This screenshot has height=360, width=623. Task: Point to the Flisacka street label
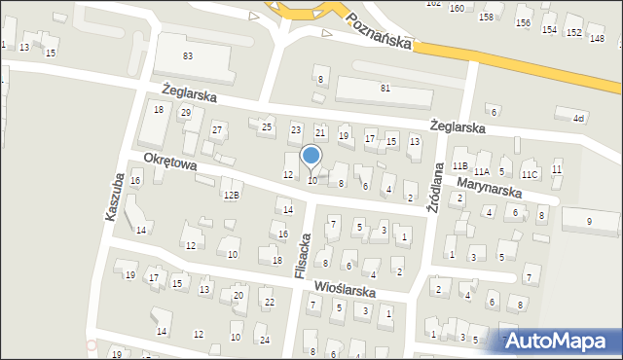click(x=303, y=258)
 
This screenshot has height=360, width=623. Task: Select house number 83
click(x=188, y=56)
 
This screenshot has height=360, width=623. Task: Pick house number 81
click(x=385, y=89)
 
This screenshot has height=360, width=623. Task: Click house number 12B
click(x=231, y=195)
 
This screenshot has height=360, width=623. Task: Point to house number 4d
click(x=579, y=118)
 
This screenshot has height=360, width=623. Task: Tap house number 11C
click(x=529, y=174)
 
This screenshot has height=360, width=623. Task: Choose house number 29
click(x=186, y=113)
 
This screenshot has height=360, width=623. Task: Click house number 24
click(x=264, y=339)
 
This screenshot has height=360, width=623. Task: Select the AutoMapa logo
click(x=558, y=342)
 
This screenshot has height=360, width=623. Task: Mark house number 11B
click(x=460, y=166)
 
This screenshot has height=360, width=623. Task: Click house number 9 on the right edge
click(x=589, y=222)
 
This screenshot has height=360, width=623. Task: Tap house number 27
click(x=218, y=130)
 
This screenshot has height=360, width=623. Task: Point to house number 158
click(x=486, y=18)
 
